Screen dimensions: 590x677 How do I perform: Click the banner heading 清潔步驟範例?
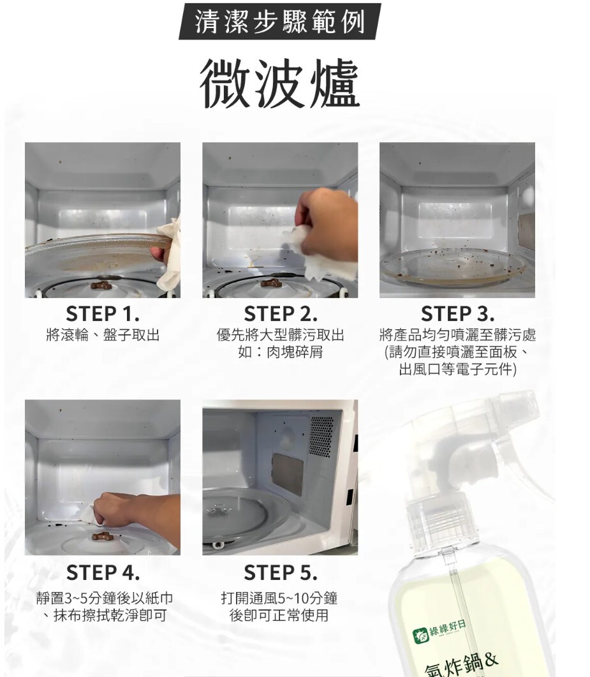point(279,22)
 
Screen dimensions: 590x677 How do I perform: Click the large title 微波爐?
point(279,84)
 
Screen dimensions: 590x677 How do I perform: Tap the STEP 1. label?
point(103,314)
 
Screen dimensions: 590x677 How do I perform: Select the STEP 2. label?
point(281,314)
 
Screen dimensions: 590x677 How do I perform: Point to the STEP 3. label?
point(457,314)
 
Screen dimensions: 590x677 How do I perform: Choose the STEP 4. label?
point(103,573)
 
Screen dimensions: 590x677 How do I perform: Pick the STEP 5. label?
point(281,573)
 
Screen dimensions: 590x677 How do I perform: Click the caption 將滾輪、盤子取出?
point(103,334)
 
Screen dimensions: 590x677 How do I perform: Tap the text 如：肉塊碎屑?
point(281,352)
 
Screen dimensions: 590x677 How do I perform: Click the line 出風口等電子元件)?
point(457,369)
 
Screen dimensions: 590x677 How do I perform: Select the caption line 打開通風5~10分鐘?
point(279,598)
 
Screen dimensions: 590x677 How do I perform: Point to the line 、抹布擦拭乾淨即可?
point(103,615)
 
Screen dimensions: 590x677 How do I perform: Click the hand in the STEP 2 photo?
point(328,225)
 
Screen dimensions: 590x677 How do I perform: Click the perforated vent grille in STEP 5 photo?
point(321,437)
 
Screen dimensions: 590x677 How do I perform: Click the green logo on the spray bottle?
point(421,635)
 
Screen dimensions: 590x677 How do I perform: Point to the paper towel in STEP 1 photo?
point(169,255)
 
